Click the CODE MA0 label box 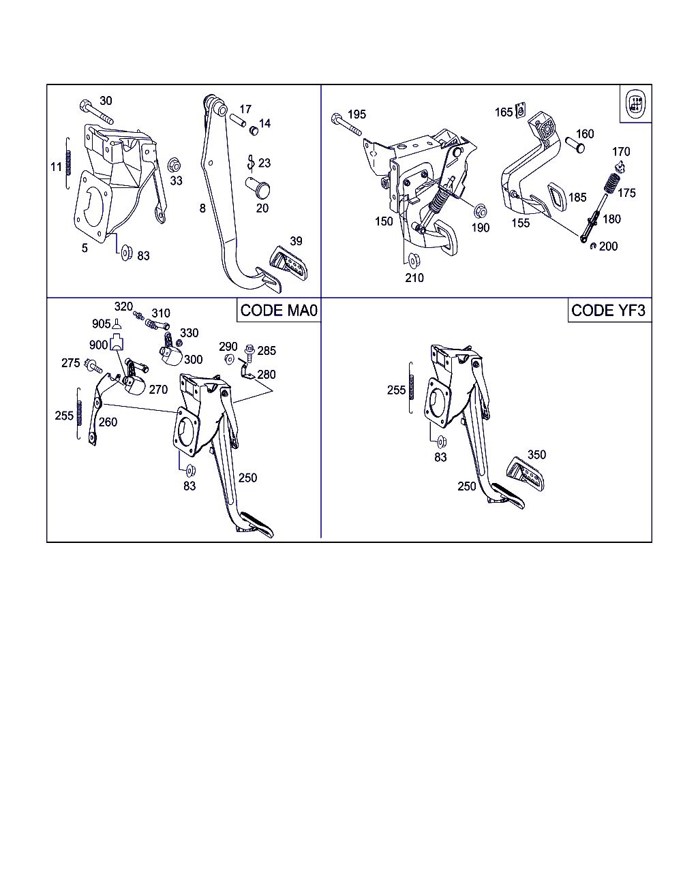pyautogui.click(x=279, y=311)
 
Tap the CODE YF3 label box pyautogui.click(x=609, y=311)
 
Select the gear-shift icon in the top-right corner pyautogui.click(x=635, y=104)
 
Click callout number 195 pyautogui.click(x=356, y=114)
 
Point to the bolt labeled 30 pyautogui.click(x=96, y=112)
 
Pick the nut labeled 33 pyautogui.click(x=174, y=166)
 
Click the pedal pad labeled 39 pyautogui.click(x=289, y=263)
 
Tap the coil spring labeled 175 pyautogui.click(x=611, y=183)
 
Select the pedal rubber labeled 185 pyautogui.click(x=558, y=197)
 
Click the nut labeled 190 pyautogui.click(x=480, y=211)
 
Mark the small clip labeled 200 pyautogui.click(x=593, y=246)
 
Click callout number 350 pyautogui.click(x=536, y=454)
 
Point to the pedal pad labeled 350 pyautogui.click(x=526, y=474)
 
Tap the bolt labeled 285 pyautogui.click(x=249, y=353)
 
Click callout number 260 pyautogui.click(x=108, y=422)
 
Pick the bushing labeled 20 pyautogui.click(x=258, y=188)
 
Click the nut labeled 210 pyautogui.click(x=413, y=261)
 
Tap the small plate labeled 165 pyautogui.click(x=520, y=110)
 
